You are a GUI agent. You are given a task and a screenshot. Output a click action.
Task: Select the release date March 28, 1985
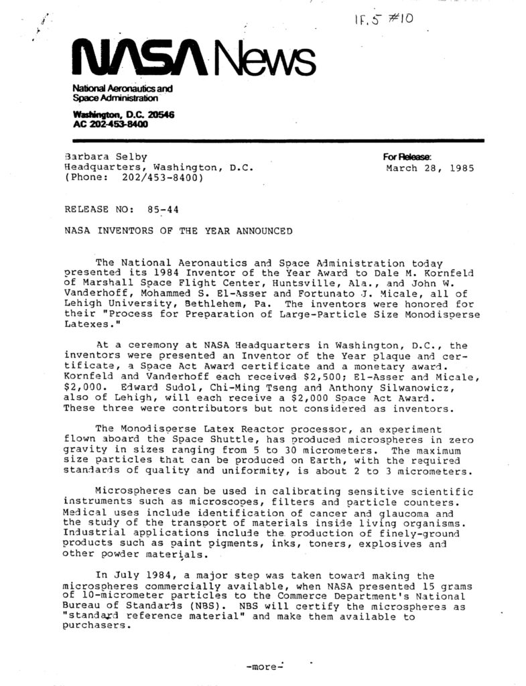coord(430,168)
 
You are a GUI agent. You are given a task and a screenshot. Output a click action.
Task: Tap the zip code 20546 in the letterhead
coord(156,115)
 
